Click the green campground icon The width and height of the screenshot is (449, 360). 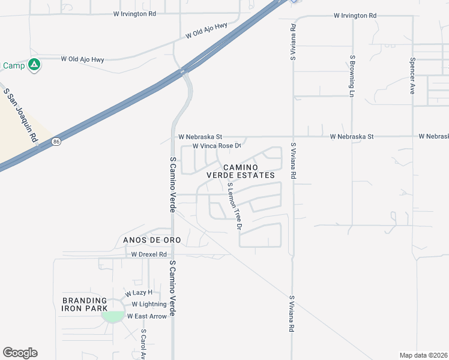pyautogui.click(x=35, y=65)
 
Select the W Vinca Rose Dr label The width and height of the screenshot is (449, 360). pyautogui.click(x=217, y=146)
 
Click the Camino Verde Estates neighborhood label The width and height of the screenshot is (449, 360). pyautogui.click(x=240, y=171)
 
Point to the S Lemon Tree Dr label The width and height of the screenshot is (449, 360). pyautogui.click(x=234, y=207)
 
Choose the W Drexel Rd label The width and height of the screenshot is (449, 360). pyautogui.click(x=149, y=254)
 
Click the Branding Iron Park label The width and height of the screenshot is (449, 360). pyautogui.click(x=84, y=304)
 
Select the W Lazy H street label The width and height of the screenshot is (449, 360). pyautogui.click(x=139, y=293)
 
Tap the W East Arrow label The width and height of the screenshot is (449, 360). pyautogui.click(x=146, y=316)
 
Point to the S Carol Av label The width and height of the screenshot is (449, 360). pyautogui.click(x=143, y=344)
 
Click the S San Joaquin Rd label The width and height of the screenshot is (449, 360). pyautogui.click(x=20, y=115)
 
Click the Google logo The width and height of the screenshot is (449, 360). pyautogui.click(x=20, y=353)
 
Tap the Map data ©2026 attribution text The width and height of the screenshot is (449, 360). pyautogui.click(x=423, y=355)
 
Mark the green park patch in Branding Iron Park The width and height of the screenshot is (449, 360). pyautogui.click(x=112, y=315)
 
